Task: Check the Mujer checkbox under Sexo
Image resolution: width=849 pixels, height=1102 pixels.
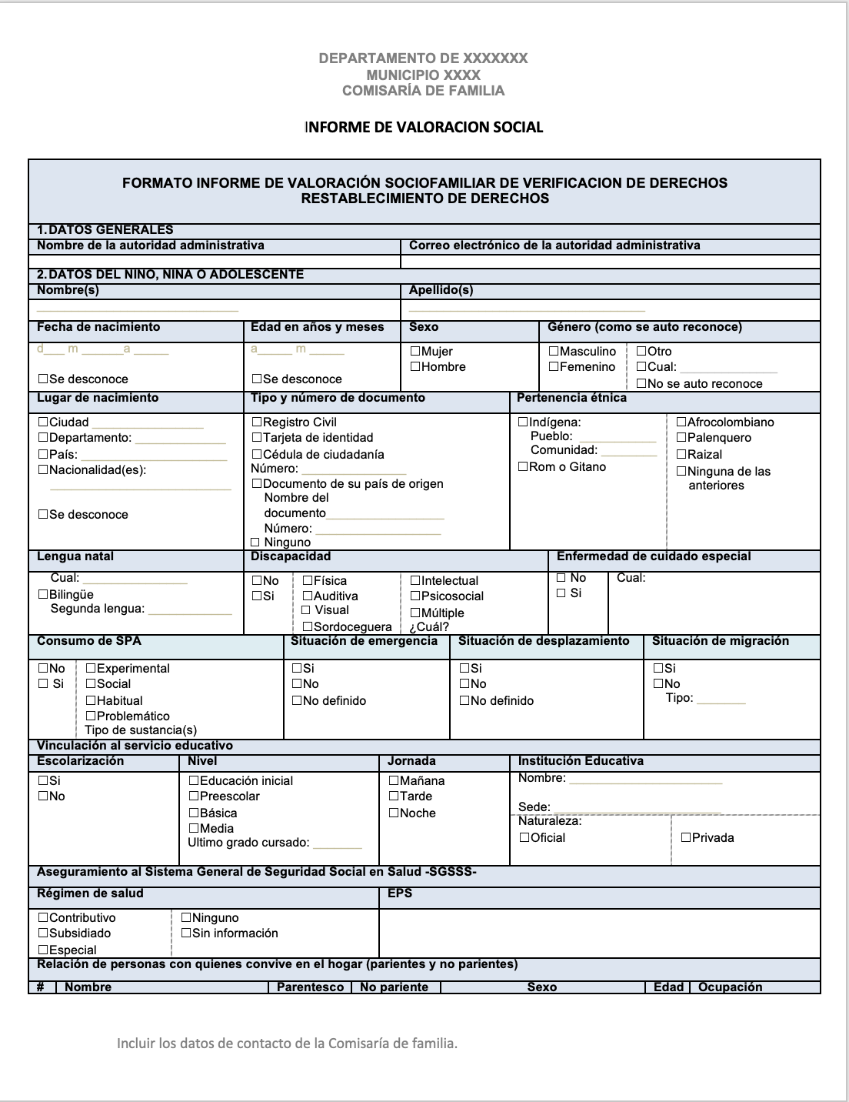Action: pos(415,352)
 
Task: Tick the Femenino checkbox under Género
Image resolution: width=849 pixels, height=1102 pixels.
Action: pos(554,367)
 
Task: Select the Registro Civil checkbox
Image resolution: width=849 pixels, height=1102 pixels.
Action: pos(257,422)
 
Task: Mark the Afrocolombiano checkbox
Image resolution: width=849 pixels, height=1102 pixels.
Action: pos(681,422)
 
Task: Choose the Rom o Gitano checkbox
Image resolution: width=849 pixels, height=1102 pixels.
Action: pos(523,467)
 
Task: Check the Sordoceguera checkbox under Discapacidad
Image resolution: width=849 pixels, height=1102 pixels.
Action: pos(308,627)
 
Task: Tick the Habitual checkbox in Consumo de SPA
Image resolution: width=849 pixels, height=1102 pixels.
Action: pos(91,701)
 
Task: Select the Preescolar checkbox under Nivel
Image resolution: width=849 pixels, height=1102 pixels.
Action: pos(194,796)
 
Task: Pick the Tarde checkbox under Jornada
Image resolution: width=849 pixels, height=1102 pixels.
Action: pos(394,796)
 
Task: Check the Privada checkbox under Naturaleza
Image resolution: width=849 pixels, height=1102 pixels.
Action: pos(686,838)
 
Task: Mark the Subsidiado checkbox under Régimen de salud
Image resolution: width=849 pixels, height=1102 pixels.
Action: pos(43,933)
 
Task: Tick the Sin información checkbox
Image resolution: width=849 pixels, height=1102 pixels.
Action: pos(186,933)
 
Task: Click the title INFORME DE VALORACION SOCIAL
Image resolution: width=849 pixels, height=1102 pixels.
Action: pos(424,128)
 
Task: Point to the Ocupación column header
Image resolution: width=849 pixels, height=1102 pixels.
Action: pos(730,987)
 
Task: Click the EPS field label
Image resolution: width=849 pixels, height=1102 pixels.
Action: pos(400,893)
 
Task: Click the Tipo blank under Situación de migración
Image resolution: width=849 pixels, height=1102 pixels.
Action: pos(721,701)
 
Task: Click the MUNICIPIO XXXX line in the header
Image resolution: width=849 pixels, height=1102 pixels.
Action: pos(423,75)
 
